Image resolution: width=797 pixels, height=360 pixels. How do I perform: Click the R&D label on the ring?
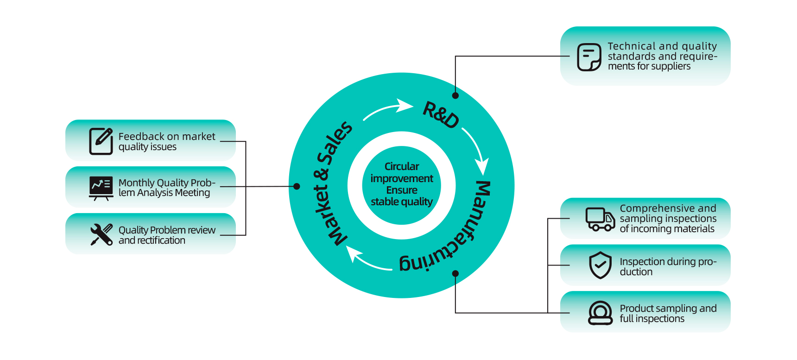pyautogui.click(x=441, y=114)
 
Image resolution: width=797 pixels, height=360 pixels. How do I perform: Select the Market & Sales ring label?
pyautogui.click(x=332, y=183)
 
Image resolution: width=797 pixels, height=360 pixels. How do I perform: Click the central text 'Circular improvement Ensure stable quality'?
pyautogui.click(x=402, y=184)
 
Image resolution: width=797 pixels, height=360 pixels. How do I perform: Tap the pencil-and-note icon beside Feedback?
pyautogui.click(x=101, y=141)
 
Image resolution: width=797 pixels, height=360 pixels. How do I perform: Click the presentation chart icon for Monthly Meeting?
pyautogui.click(x=101, y=188)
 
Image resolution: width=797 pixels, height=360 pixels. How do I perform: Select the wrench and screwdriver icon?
pyautogui.click(x=101, y=234)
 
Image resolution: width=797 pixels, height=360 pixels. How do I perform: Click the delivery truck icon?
pyautogui.click(x=600, y=219)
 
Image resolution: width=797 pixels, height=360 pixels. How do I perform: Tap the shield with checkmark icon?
pyautogui.click(x=600, y=265)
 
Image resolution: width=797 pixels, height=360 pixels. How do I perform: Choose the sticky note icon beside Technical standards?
pyautogui.click(x=589, y=57)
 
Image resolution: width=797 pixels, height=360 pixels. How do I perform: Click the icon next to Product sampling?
pyautogui.click(x=600, y=313)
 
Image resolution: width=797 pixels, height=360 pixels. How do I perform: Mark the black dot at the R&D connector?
pyautogui.click(x=455, y=95)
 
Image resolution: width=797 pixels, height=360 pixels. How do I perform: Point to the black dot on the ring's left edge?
pyautogui.click(x=297, y=186)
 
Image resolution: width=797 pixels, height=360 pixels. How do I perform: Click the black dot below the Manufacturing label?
pyautogui.click(x=455, y=273)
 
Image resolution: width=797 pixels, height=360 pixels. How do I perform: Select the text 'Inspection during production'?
pyautogui.click(x=668, y=266)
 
